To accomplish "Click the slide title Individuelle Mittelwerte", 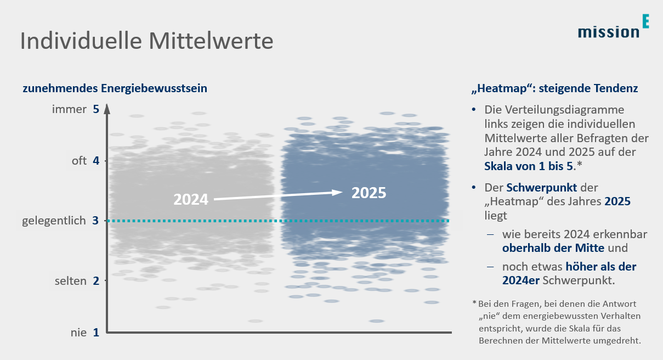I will (146, 42).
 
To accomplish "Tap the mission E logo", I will (613, 28).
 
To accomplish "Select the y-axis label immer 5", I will (75, 109).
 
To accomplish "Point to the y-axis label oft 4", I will (85, 161).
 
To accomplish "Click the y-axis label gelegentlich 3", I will (61, 221).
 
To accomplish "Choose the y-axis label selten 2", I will (77, 281).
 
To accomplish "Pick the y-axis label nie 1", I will (84, 332).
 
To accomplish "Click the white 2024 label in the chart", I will (191, 199).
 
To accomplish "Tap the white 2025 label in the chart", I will (369, 193).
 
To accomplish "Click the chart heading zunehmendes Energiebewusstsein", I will (115, 88).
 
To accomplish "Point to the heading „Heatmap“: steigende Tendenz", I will (554, 88).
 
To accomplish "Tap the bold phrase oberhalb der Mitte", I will (553, 248).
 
